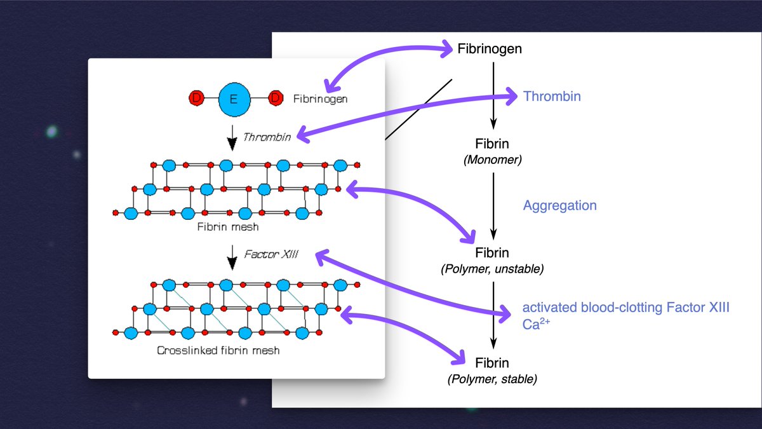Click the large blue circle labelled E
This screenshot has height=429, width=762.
(234, 99)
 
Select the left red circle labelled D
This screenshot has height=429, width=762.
(196, 98)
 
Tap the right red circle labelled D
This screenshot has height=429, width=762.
(276, 98)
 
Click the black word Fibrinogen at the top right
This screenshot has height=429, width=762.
(490, 49)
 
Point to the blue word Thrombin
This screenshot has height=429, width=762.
(552, 97)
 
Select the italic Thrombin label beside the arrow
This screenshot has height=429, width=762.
(267, 137)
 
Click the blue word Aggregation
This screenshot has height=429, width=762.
(560, 205)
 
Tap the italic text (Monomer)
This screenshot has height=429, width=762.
(493, 160)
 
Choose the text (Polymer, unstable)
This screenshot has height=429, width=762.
(492, 269)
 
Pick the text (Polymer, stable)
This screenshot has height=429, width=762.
(492, 379)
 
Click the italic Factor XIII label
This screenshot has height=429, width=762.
(271, 254)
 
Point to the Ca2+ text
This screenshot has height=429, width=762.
(536, 323)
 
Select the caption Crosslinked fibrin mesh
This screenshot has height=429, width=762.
(218, 350)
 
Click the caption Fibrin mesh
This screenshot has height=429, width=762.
(228, 227)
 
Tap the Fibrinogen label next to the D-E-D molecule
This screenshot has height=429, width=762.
(321, 99)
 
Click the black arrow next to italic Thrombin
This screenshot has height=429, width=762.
(232, 138)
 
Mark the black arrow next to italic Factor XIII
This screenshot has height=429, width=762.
(232, 257)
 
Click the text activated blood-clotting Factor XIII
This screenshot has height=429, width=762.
(626, 308)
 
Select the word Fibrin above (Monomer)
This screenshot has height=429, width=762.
(492, 144)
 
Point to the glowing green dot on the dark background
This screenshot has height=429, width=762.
(51, 132)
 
